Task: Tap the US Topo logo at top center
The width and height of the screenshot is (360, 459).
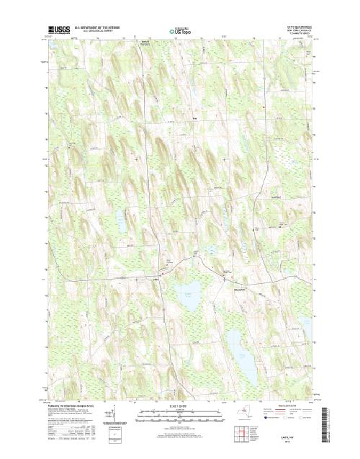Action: point(180,31)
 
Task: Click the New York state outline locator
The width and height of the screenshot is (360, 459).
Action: point(248,413)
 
